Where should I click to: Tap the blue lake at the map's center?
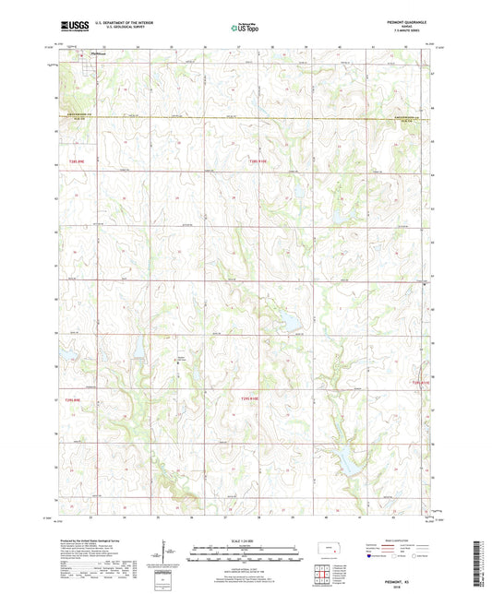(286, 320)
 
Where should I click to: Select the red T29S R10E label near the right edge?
(421, 381)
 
